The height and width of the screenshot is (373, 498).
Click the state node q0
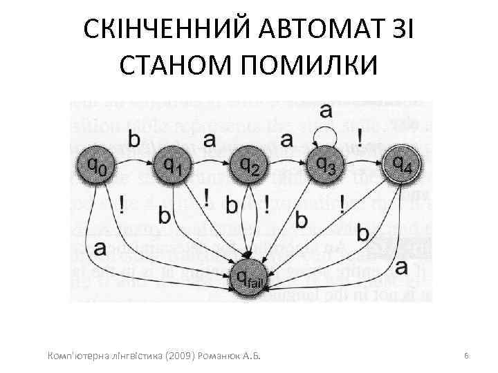(x=96, y=164)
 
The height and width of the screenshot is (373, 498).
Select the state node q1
(x=173, y=164)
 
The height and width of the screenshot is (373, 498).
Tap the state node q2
(x=250, y=164)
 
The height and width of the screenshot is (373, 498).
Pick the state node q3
(x=326, y=164)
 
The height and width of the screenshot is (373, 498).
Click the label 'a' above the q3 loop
(x=325, y=111)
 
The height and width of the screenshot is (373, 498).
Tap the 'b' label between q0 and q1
(x=134, y=139)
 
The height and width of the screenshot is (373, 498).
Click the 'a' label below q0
(x=100, y=247)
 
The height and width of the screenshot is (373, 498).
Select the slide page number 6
(x=467, y=354)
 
